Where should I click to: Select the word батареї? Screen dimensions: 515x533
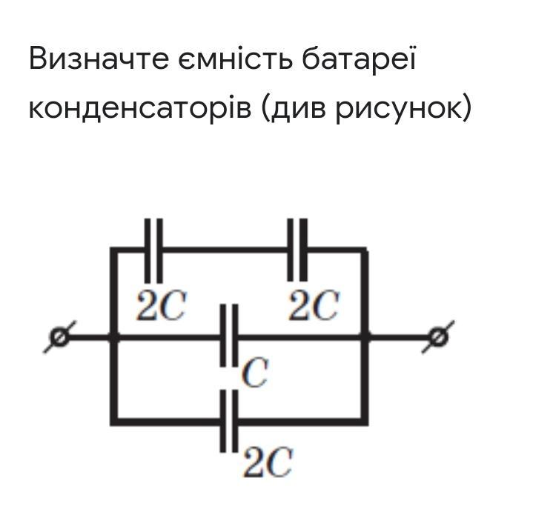360,59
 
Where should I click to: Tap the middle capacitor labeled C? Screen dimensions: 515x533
230,337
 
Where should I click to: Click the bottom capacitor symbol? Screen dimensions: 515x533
230,422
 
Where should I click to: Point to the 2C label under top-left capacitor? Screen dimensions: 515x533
160,306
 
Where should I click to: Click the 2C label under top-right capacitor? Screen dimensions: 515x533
313,306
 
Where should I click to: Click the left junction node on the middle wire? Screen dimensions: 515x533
113,338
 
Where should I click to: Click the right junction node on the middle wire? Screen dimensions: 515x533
365,338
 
